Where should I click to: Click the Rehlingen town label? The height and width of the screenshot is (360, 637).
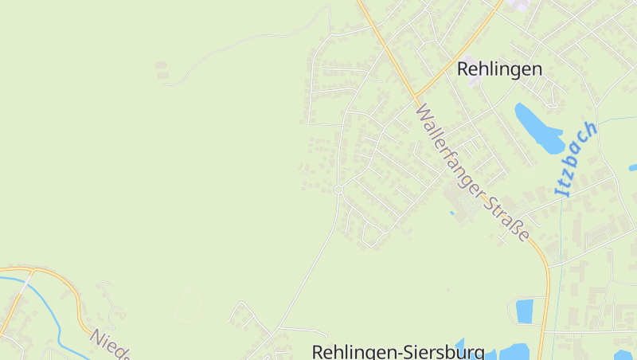coord(499,69)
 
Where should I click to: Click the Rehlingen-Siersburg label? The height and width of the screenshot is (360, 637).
coord(398,351)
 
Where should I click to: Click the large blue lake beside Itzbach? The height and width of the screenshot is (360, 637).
coord(538,127)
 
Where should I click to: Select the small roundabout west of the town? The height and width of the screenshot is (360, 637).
coord(338,189)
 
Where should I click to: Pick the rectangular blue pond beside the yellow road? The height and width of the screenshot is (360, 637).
coord(525,311)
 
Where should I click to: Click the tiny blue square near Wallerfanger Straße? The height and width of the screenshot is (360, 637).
coord(451,213)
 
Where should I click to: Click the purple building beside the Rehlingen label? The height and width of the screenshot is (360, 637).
coord(471,63)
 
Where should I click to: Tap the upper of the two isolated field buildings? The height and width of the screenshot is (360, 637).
coord(162,65)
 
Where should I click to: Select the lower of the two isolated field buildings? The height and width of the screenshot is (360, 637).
coord(163,75)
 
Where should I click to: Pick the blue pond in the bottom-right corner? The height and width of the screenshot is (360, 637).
coord(623,354)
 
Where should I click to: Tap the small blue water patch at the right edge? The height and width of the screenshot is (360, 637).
coord(633,167)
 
